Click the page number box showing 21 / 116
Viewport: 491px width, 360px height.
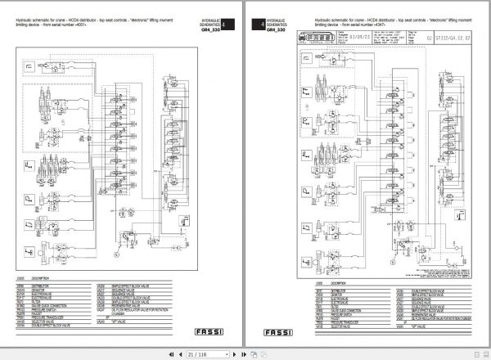point(196,353)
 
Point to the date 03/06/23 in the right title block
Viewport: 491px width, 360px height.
point(372,36)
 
